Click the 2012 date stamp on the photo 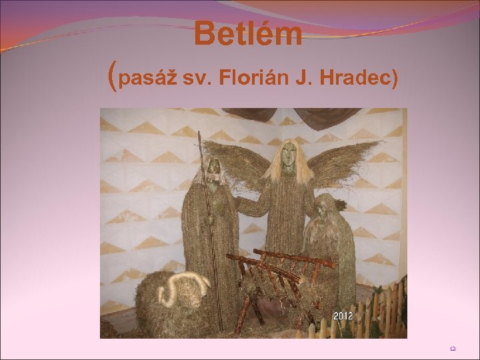tap(343, 315)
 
